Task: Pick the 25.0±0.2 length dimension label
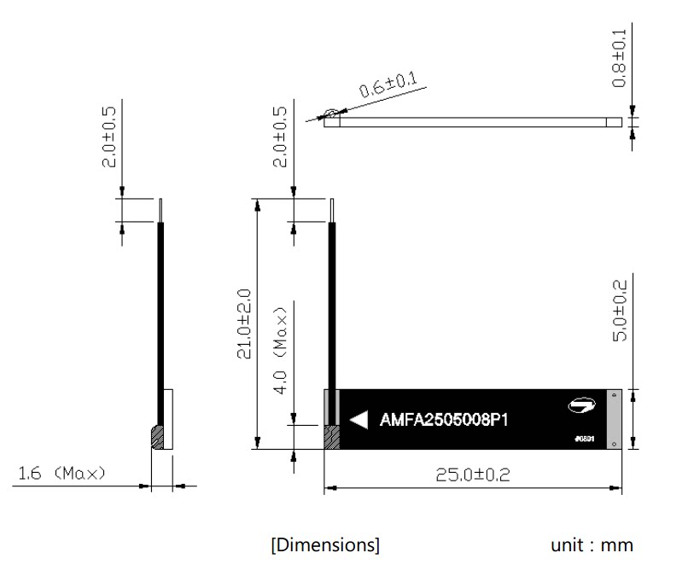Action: pyautogui.click(x=473, y=474)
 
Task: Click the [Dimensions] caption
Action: pyautogui.click(x=325, y=544)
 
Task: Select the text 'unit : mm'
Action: pyautogui.click(x=592, y=544)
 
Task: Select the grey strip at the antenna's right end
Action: pyautogui.click(x=615, y=419)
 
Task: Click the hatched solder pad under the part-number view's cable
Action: pyautogui.click(x=331, y=436)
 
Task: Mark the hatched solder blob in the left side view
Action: pyautogui.click(x=157, y=437)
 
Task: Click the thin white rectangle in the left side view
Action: pyautogui.click(x=168, y=419)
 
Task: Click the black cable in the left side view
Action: pyautogui.click(x=159, y=316)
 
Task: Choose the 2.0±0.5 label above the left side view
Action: pyautogui.click(x=109, y=137)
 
